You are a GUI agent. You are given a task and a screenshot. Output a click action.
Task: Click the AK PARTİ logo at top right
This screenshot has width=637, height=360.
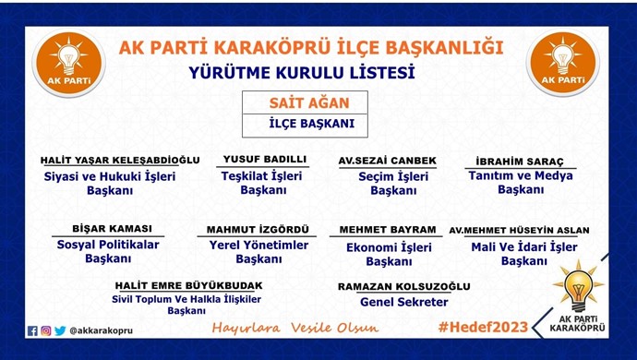[x=562, y=64]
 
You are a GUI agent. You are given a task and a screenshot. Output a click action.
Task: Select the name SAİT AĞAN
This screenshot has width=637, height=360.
[x=298, y=102]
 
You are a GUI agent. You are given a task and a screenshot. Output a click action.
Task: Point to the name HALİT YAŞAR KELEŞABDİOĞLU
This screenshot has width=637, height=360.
[x=120, y=159]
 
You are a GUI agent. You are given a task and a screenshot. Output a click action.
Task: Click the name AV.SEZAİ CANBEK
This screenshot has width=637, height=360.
[x=387, y=159]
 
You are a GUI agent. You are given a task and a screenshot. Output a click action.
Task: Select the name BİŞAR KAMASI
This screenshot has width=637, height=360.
[x=112, y=229]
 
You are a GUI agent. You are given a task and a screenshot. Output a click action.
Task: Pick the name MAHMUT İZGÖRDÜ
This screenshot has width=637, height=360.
[x=258, y=230]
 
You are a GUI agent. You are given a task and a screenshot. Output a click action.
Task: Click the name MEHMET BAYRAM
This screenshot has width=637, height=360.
[x=388, y=229]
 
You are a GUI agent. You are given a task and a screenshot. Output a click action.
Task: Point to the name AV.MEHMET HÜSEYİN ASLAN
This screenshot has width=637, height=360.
[x=518, y=230]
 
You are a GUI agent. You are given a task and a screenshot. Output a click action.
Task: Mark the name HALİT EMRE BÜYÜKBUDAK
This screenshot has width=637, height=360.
[x=188, y=285]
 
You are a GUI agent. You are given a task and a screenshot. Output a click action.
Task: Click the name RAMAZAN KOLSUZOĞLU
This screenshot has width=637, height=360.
[x=404, y=286]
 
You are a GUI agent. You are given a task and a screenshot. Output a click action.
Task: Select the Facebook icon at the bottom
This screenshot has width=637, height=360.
[x=32, y=330]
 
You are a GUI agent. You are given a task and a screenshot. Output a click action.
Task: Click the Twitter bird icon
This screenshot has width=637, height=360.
[x=60, y=330]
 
